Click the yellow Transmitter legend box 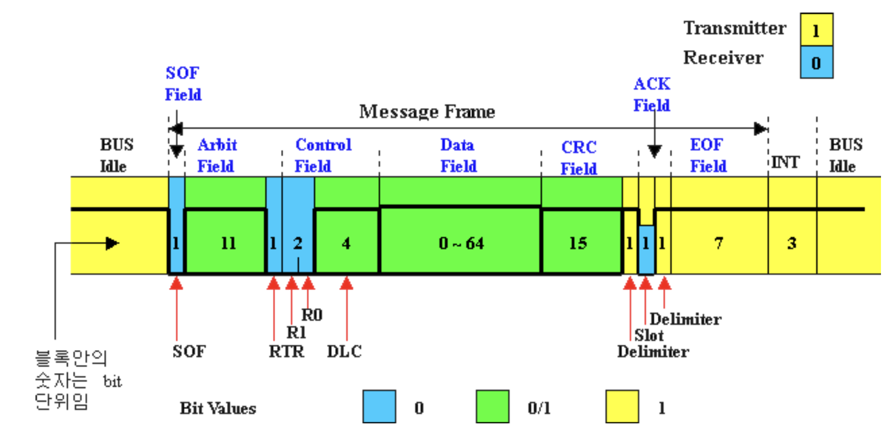click(816, 30)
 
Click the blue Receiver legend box click(816, 62)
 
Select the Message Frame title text click(427, 112)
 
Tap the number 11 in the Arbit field click(228, 243)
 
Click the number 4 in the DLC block click(346, 243)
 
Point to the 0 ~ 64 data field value click(461, 243)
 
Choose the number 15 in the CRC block click(578, 243)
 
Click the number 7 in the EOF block click(718, 243)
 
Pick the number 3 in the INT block click(791, 243)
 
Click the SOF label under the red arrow click(189, 351)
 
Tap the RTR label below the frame click(286, 351)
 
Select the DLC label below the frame click(344, 351)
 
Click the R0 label click(312, 315)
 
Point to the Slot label click(648, 335)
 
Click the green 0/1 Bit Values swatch click(492, 406)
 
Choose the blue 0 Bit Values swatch click(379, 406)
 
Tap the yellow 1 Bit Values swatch click(622, 406)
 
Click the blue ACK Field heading click(652, 95)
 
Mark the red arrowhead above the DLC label click(347, 284)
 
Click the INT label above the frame click(785, 162)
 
